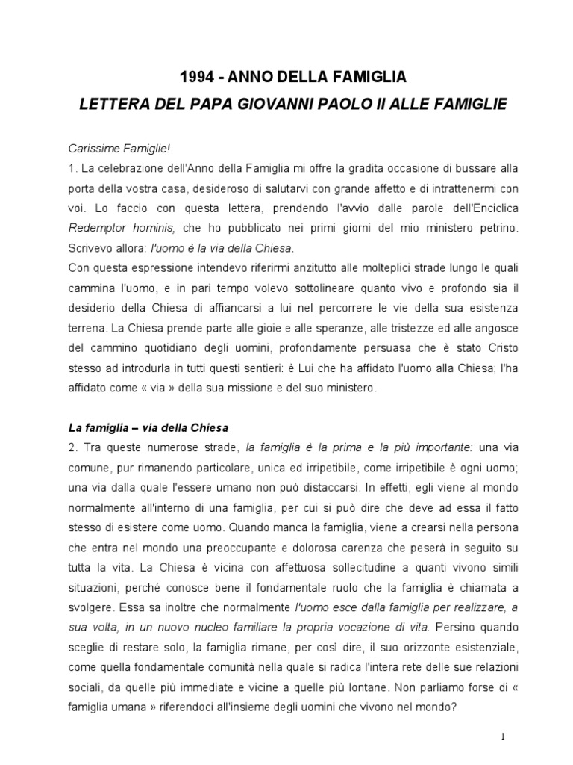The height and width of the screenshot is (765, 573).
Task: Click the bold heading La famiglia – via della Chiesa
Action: click(x=148, y=428)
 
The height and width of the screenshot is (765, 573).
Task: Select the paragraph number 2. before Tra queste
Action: click(x=73, y=447)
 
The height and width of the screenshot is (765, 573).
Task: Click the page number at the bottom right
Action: click(x=504, y=736)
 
